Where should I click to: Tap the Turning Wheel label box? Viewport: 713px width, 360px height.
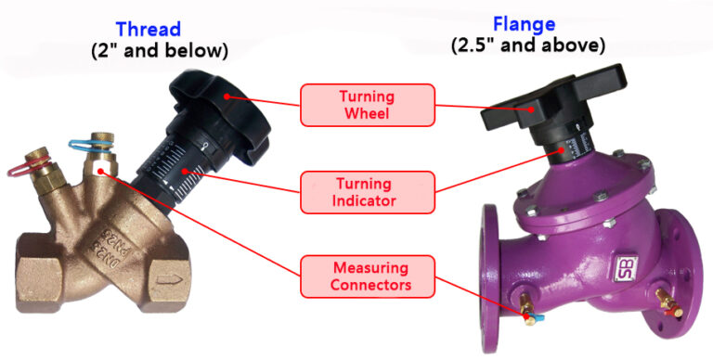(x=367, y=104)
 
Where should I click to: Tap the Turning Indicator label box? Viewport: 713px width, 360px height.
(x=367, y=192)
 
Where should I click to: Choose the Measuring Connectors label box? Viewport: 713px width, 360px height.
(x=367, y=276)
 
